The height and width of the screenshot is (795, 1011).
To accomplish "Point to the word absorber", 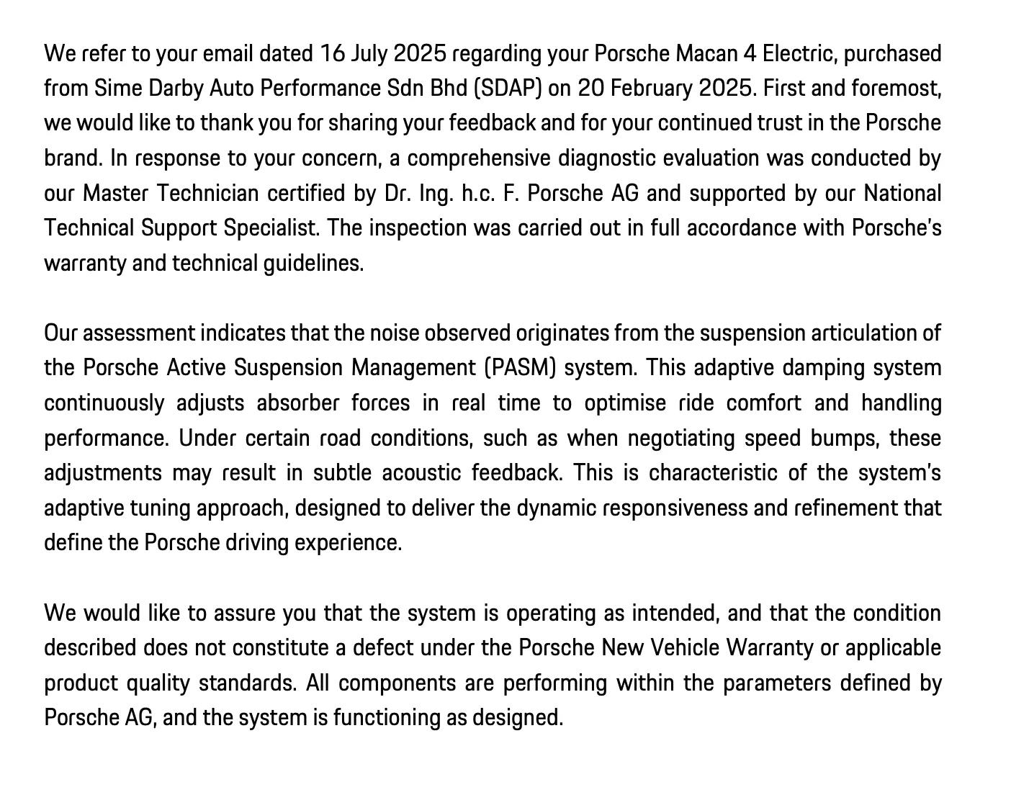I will tap(297, 403).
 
